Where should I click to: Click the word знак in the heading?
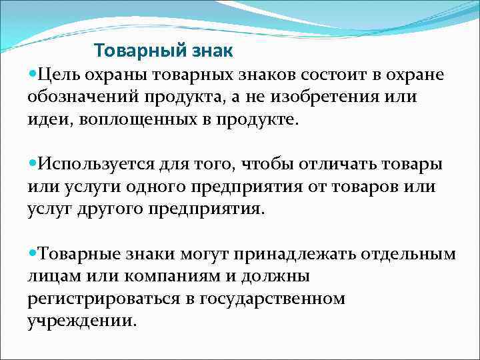coord(212,51)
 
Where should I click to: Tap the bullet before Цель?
coord(33,73)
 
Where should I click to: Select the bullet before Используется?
coord(33,163)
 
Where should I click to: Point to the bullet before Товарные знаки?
coord(33,254)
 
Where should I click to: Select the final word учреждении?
coord(82,322)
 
